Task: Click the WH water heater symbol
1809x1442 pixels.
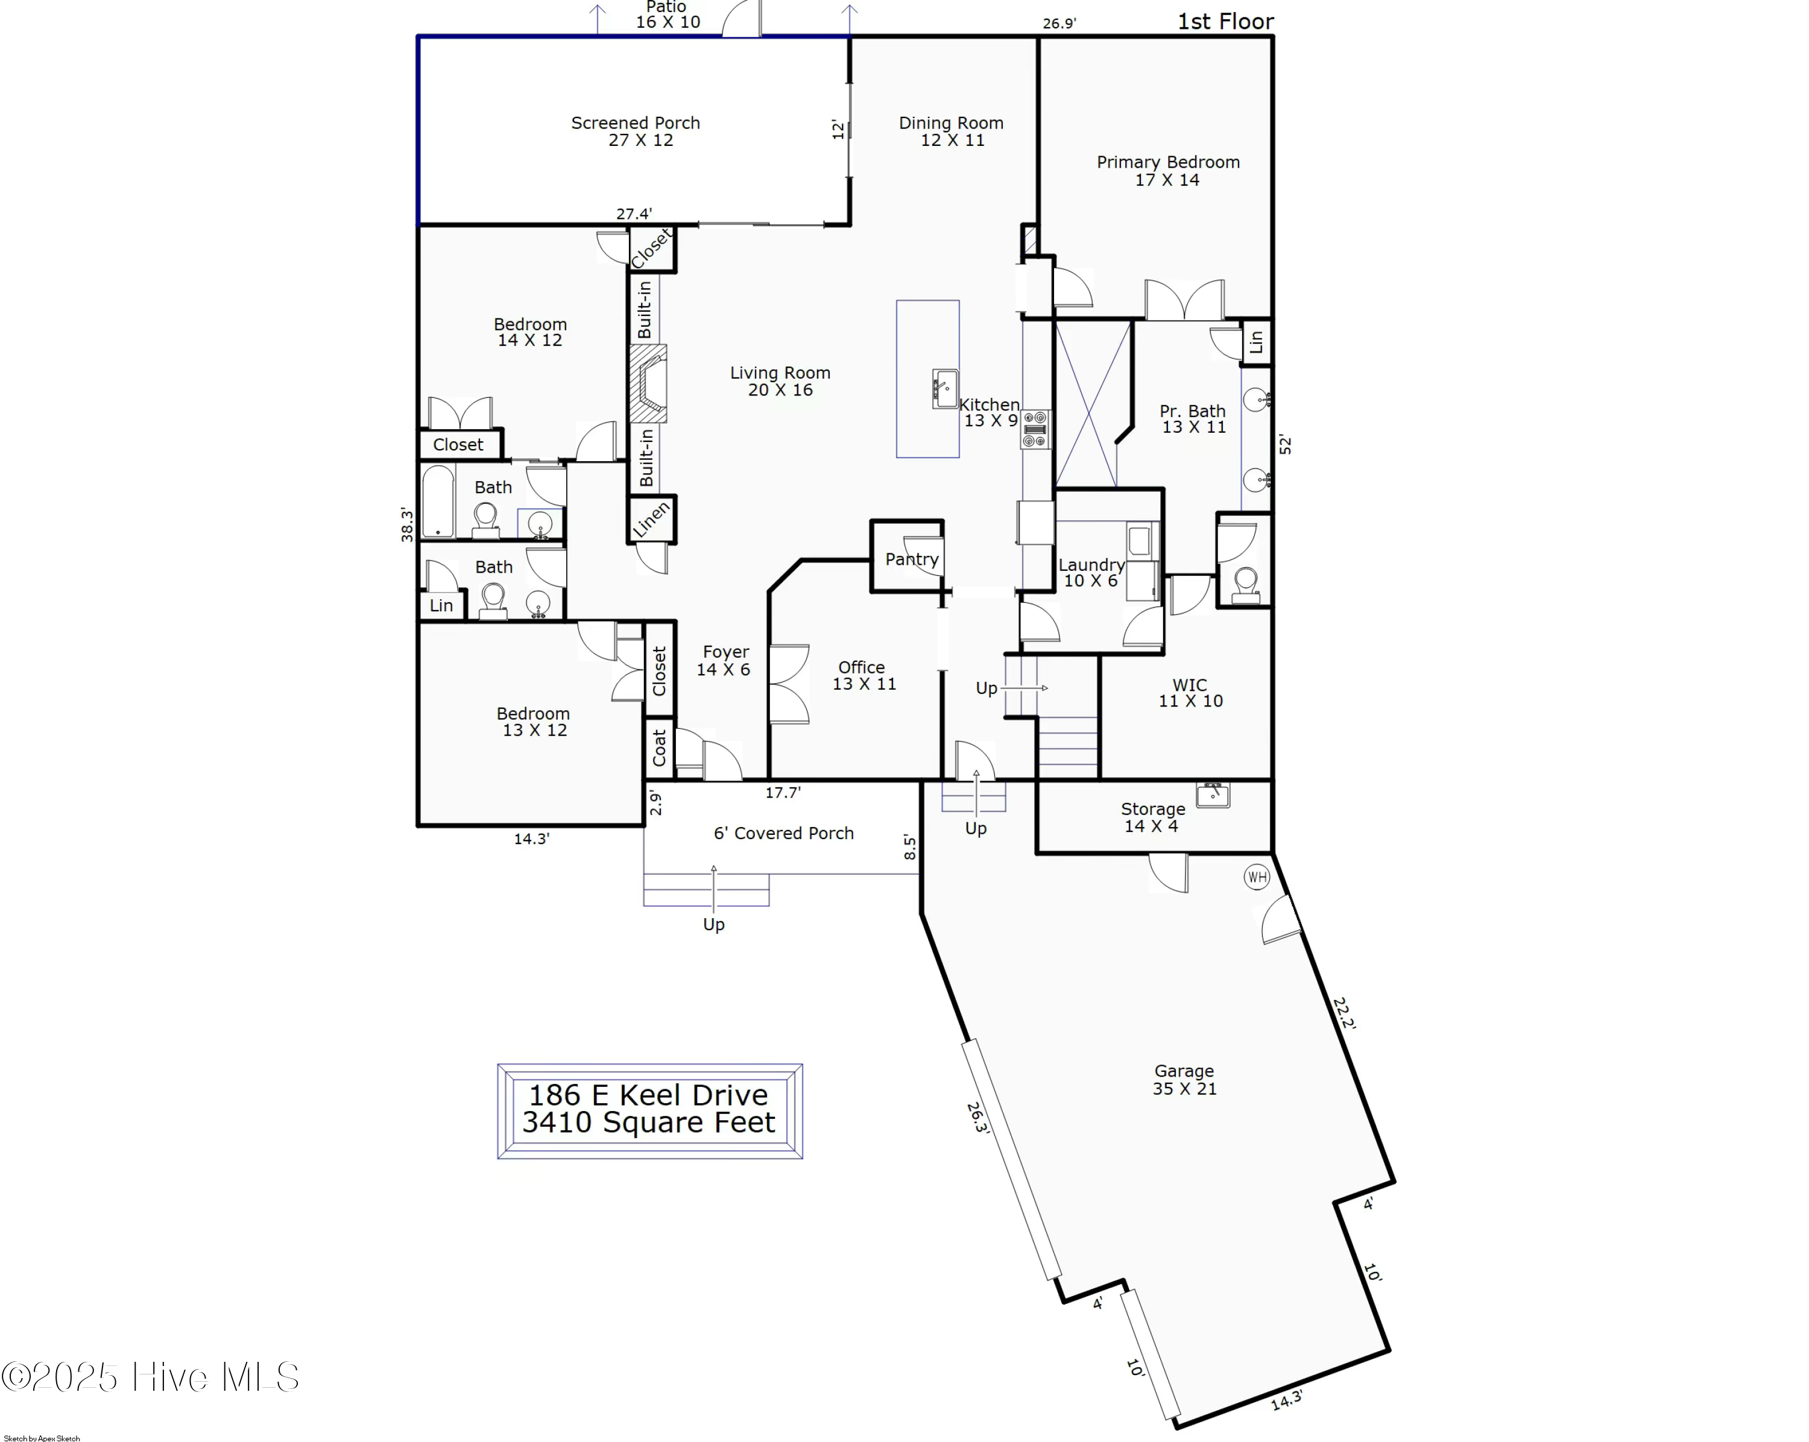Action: pyautogui.click(x=1256, y=878)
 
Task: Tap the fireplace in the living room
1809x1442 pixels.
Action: pyautogui.click(x=649, y=383)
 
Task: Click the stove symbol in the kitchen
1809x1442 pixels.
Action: pyautogui.click(x=1035, y=429)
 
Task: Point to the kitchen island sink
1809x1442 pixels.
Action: pyautogui.click(x=945, y=388)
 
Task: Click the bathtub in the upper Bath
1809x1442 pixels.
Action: pyautogui.click(x=437, y=502)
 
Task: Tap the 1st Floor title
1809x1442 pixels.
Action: pyautogui.click(x=1225, y=22)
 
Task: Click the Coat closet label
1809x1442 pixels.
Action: pyautogui.click(x=660, y=746)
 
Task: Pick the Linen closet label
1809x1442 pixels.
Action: pyautogui.click(x=652, y=519)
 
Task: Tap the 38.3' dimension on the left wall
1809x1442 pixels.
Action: pyautogui.click(x=407, y=524)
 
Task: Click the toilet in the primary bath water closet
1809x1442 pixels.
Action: pyautogui.click(x=1246, y=583)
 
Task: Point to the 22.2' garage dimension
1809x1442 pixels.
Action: pyautogui.click(x=1343, y=1013)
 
